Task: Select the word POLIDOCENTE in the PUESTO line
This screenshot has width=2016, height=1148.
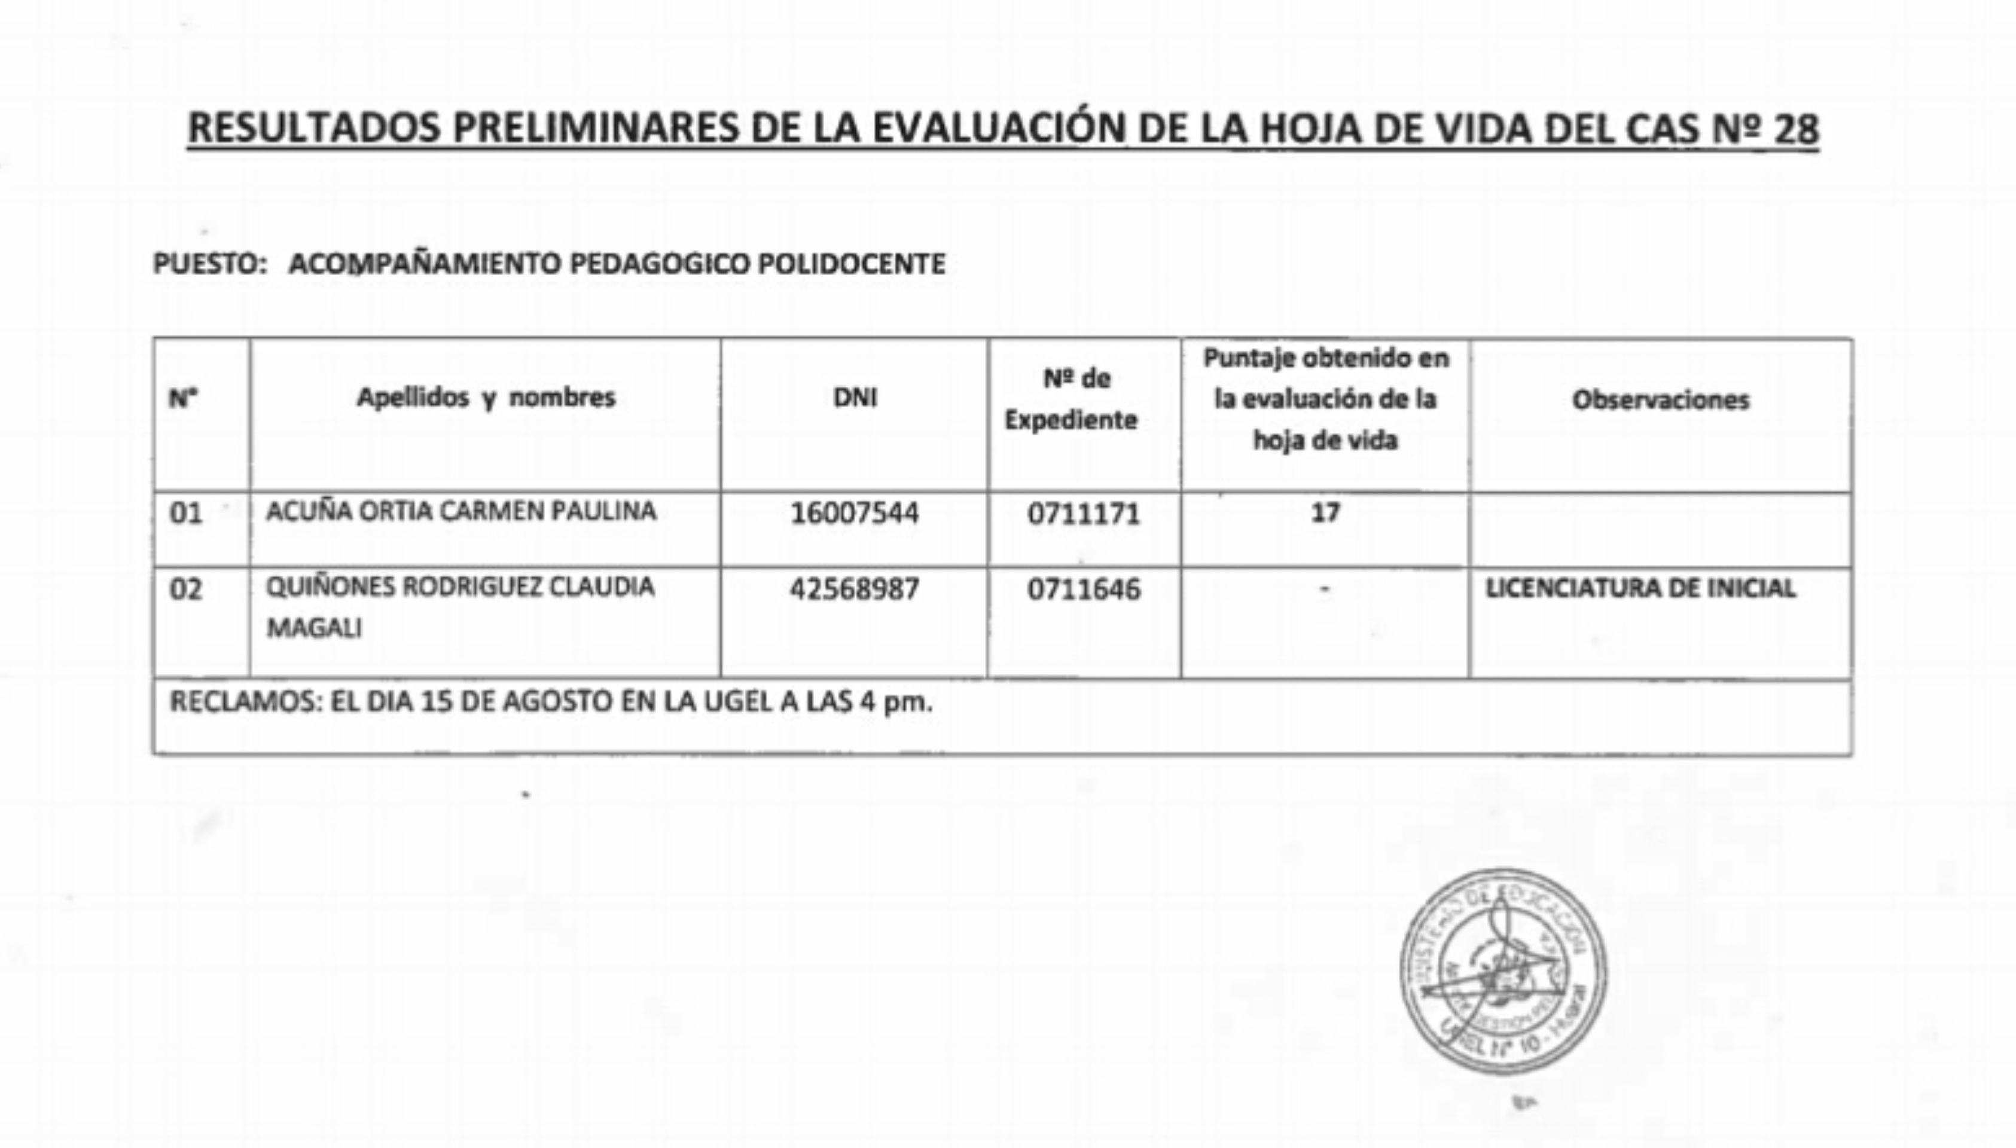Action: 852,263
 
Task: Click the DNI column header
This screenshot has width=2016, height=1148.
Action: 855,398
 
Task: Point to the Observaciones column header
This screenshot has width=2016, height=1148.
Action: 1660,401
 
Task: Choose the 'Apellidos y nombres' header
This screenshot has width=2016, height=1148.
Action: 486,398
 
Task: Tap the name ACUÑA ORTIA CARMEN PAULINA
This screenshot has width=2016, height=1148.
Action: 460,512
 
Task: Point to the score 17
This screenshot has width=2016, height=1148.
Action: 1325,513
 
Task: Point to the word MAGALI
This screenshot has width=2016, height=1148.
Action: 314,628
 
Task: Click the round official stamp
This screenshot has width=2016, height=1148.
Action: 1503,972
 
